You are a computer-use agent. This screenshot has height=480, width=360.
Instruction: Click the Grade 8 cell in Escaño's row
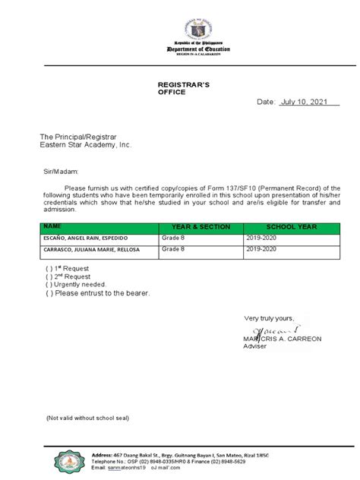click(174, 238)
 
